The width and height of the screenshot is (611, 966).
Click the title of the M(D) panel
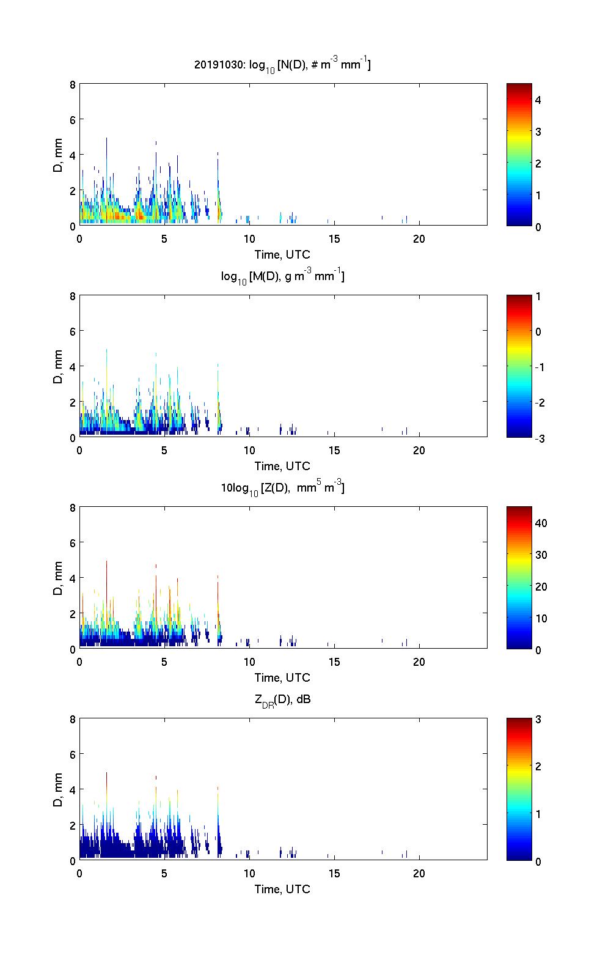coord(282,276)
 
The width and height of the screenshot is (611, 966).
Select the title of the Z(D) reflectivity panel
coord(282,488)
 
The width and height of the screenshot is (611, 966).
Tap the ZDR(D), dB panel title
coord(282,699)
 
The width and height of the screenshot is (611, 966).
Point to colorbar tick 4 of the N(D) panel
coord(538,100)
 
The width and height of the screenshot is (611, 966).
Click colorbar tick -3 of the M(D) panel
coord(538,438)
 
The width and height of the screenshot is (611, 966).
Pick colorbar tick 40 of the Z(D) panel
coord(541,523)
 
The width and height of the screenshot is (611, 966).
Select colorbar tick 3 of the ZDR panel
coord(538,720)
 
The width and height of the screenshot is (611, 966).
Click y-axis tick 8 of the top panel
coord(73,84)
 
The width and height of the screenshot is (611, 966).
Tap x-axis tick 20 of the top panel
coord(419,238)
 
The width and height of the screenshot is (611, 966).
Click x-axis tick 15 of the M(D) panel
coord(334,450)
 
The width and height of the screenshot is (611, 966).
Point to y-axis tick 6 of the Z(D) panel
coord(73,542)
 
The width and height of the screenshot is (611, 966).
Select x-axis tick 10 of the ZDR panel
coord(249,873)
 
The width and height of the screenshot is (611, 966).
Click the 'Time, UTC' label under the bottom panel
coord(282,889)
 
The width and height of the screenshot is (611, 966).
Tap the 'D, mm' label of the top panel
coord(58,155)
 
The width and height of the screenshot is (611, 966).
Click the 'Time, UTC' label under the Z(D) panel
coord(282,677)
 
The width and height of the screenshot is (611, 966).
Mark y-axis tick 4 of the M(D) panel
coord(73,366)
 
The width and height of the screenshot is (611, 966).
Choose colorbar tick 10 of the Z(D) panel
coord(541,618)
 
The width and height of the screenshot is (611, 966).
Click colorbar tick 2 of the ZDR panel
coord(538,767)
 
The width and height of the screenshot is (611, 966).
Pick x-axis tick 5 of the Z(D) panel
coord(164,662)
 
